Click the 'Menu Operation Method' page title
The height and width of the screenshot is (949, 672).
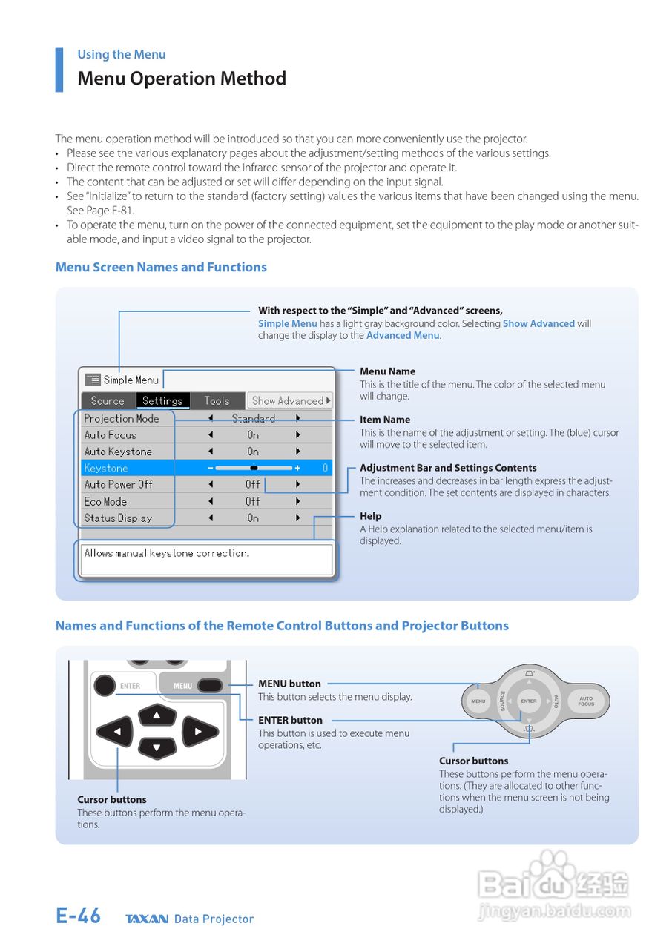click(x=182, y=79)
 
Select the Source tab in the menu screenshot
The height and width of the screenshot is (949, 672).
click(x=108, y=401)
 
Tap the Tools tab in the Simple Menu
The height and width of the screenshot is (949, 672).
click(x=217, y=401)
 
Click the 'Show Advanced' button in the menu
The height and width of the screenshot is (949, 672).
click(x=290, y=401)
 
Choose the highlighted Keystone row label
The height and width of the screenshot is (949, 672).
click(x=106, y=469)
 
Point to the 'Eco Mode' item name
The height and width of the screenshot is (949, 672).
click(x=105, y=501)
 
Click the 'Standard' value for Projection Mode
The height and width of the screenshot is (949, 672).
click(x=253, y=419)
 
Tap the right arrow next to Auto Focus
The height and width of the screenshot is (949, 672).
click(x=298, y=435)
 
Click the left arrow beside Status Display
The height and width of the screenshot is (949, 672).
click(x=211, y=518)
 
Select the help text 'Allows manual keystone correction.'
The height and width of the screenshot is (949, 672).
click(x=167, y=553)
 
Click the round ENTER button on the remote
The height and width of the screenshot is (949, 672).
click(x=105, y=685)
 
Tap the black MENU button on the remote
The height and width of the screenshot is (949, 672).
click(x=210, y=686)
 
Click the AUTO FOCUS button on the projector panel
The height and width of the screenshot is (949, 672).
click(x=586, y=701)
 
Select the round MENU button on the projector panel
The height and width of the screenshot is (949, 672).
click(x=478, y=701)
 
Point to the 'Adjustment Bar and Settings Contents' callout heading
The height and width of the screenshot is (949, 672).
click(x=448, y=468)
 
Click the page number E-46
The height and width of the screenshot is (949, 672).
click(x=78, y=916)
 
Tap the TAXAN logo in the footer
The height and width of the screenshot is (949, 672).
click(x=147, y=919)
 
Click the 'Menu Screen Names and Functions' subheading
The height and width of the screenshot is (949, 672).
click(x=161, y=268)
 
